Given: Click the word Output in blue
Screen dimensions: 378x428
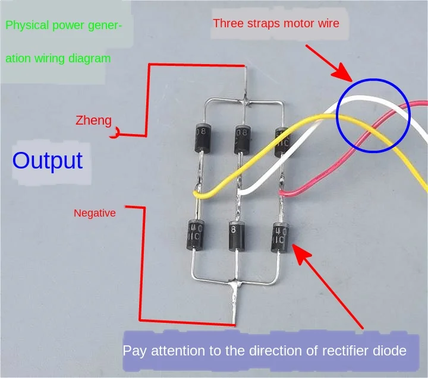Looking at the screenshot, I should (48, 161).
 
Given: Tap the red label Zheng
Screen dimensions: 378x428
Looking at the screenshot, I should (93, 120).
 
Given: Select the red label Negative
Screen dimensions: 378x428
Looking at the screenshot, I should (95, 212).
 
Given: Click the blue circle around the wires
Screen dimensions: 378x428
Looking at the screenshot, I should (373, 115).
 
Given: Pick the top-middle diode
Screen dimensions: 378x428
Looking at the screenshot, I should (241, 139).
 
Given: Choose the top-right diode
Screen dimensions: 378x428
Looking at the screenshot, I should (281, 141).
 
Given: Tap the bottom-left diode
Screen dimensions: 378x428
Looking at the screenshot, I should (195, 234).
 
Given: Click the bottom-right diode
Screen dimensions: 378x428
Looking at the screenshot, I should (279, 237).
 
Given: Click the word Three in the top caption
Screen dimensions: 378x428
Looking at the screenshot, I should (228, 24).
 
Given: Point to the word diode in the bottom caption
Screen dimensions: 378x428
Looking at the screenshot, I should (390, 350).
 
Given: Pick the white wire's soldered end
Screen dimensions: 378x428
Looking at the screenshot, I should (240, 193).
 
